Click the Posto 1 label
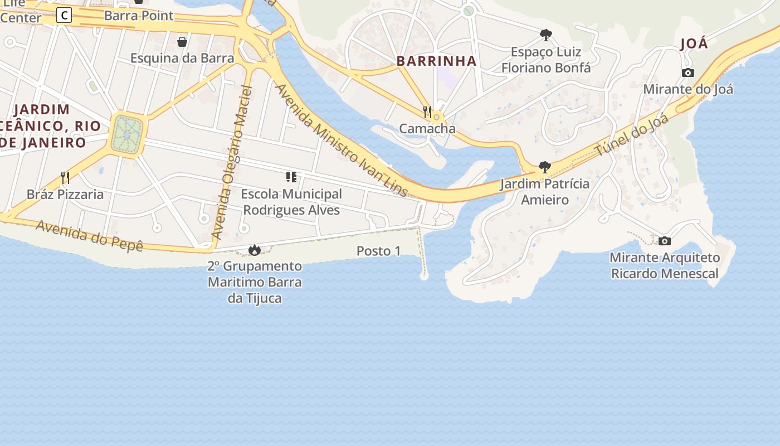coord(378,251)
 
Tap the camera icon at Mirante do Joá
coord(688,72)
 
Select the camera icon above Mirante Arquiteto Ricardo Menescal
coord(664,241)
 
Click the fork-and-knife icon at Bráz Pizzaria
coord(65,178)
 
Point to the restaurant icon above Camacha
coord(427,111)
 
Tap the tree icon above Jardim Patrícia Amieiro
coord(545,167)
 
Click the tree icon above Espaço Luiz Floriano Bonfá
coord(546,35)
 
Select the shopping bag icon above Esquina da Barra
coord(182,41)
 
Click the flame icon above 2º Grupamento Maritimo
coord(255,250)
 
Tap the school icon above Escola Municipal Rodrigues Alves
coord(291,177)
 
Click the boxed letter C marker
coord(64,15)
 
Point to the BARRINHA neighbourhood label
coord(437,61)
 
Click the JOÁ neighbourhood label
coord(694,43)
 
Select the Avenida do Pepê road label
coord(90,236)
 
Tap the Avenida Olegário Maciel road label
coord(233,162)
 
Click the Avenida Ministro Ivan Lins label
coord(342,140)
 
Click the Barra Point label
coord(139,15)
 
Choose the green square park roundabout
coord(128,134)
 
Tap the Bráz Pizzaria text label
coord(65,194)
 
